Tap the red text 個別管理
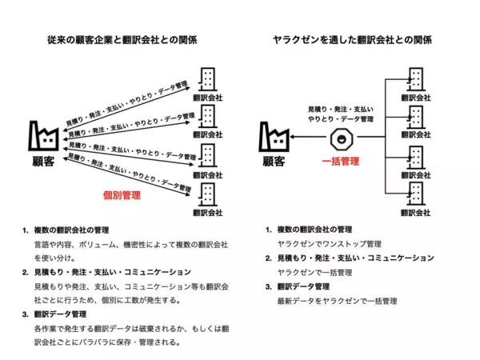(x=122, y=194)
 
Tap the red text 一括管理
(x=340, y=160)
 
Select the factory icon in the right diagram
(x=274, y=138)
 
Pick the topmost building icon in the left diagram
(x=207, y=78)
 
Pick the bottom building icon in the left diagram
(x=207, y=195)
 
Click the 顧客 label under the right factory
(x=274, y=162)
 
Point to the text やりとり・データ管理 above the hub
(x=341, y=118)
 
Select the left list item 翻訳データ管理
(x=66, y=314)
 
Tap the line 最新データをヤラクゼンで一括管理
(x=337, y=302)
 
